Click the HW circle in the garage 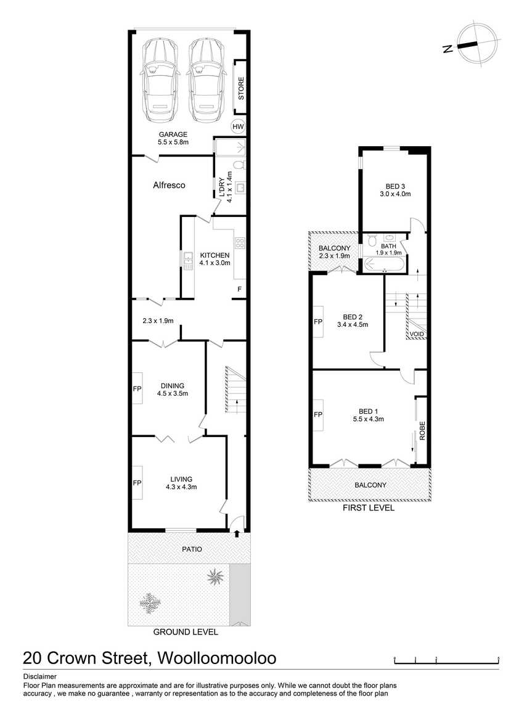pyautogui.click(x=238, y=126)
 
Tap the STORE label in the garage pyautogui.click(x=241, y=88)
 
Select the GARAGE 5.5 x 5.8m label pyautogui.click(x=173, y=138)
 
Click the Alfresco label pyautogui.click(x=169, y=185)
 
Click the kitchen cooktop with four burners pyautogui.click(x=240, y=243)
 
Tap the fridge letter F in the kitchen pyautogui.click(x=240, y=289)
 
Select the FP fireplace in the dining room pyautogui.click(x=137, y=388)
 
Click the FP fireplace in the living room pyautogui.click(x=137, y=483)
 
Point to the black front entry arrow pyautogui.click(x=237, y=534)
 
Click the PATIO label pyautogui.click(x=192, y=549)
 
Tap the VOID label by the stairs pyautogui.click(x=417, y=335)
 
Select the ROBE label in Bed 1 pyautogui.click(x=422, y=431)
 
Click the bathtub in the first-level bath pyautogui.click(x=384, y=264)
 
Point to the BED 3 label pyautogui.click(x=395, y=186)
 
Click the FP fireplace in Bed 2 pyautogui.click(x=318, y=321)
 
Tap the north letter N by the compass pyautogui.click(x=448, y=49)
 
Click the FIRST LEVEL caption pyautogui.click(x=369, y=508)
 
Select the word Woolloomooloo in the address pyautogui.click(x=216, y=658)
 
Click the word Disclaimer pyautogui.click(x=40, y=677)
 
